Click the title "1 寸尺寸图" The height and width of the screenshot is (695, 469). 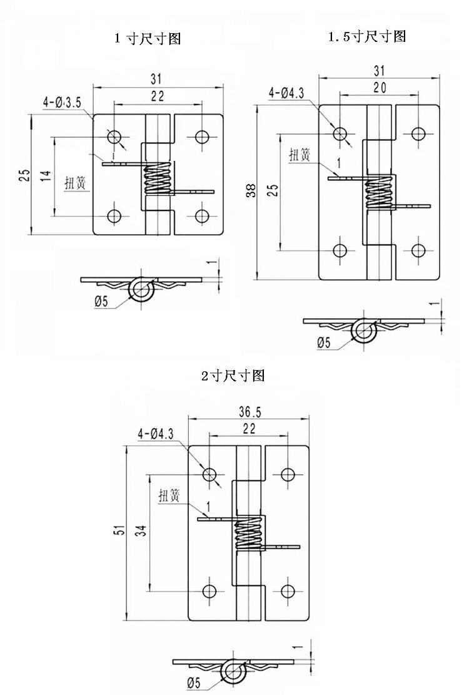148,39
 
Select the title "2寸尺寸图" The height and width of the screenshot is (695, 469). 233,376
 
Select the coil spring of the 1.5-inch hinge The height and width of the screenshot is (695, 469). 378,193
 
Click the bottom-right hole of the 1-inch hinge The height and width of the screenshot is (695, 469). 201,216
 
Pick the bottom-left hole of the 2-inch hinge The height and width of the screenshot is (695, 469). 209,590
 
